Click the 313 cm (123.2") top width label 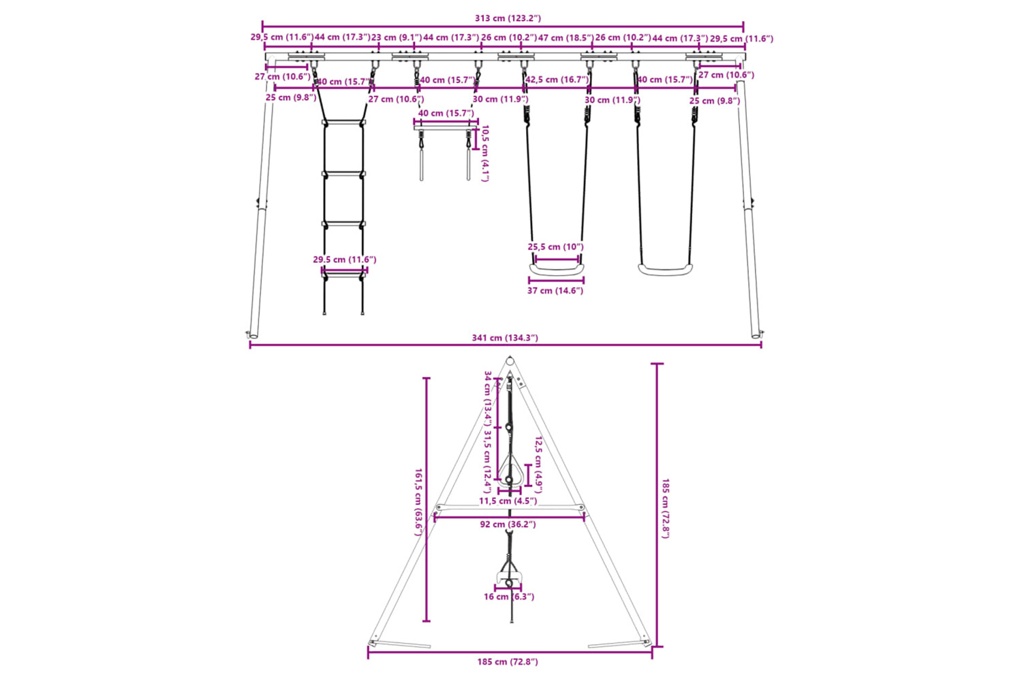tap(508, 18)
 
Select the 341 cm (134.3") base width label tap(505, 338)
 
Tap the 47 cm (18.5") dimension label tap(566, 37)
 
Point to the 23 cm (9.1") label tap(397, 37)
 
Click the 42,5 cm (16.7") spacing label tap(557, 80)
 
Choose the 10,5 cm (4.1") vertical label tap(485, 153)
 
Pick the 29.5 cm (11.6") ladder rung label tap(345, 259)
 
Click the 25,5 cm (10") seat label tap(556, 247)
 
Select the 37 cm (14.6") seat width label tap(555, 291)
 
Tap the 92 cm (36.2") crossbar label tap(508, 524)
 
